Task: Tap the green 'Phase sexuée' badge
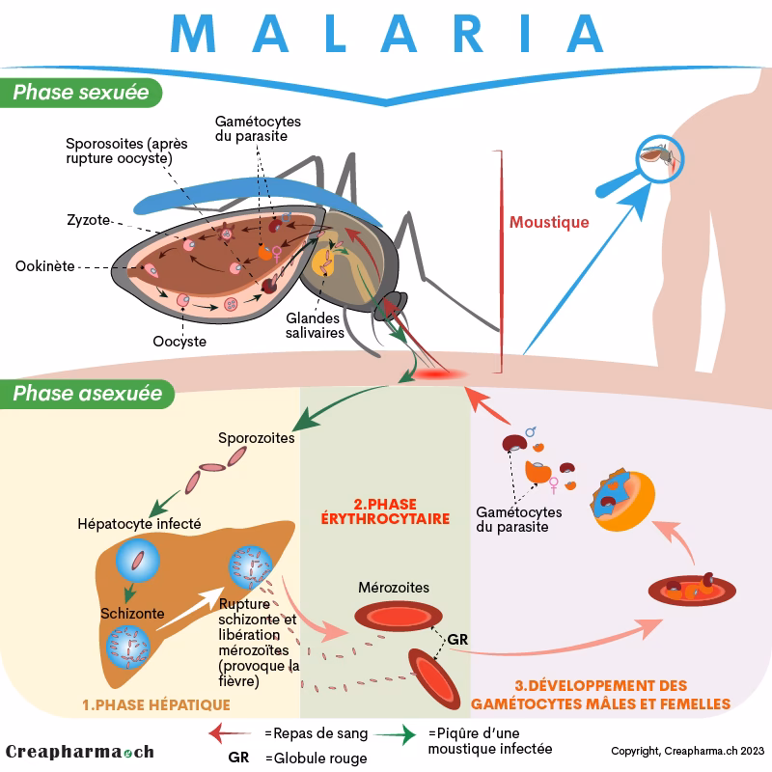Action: pos(81,93)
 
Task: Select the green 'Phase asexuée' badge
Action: pos(87,394)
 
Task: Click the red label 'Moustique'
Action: pos(549,223)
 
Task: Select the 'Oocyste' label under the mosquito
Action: pos(179,341)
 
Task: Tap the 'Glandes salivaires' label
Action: pos(315,324)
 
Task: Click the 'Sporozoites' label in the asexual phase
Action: pos(256,436)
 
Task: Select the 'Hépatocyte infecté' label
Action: pos(139,524)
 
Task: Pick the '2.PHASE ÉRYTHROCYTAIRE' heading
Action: pos(385,510)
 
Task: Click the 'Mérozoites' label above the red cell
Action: pos(394,587)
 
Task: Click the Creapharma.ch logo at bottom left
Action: pos(79,752)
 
